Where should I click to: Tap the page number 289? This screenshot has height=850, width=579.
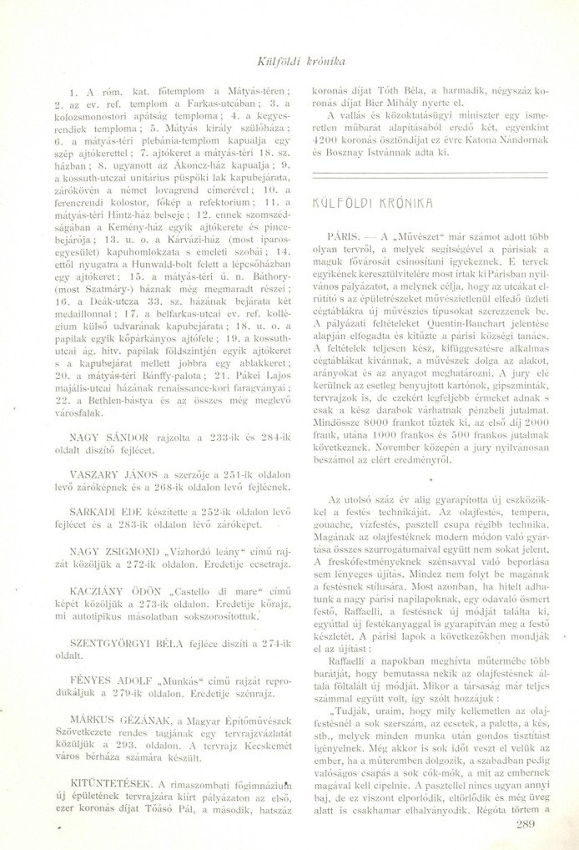pyautogui.click(x=526, y=826)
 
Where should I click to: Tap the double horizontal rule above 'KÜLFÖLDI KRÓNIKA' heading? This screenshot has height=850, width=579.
pyautogui.click(x=427, y=173)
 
